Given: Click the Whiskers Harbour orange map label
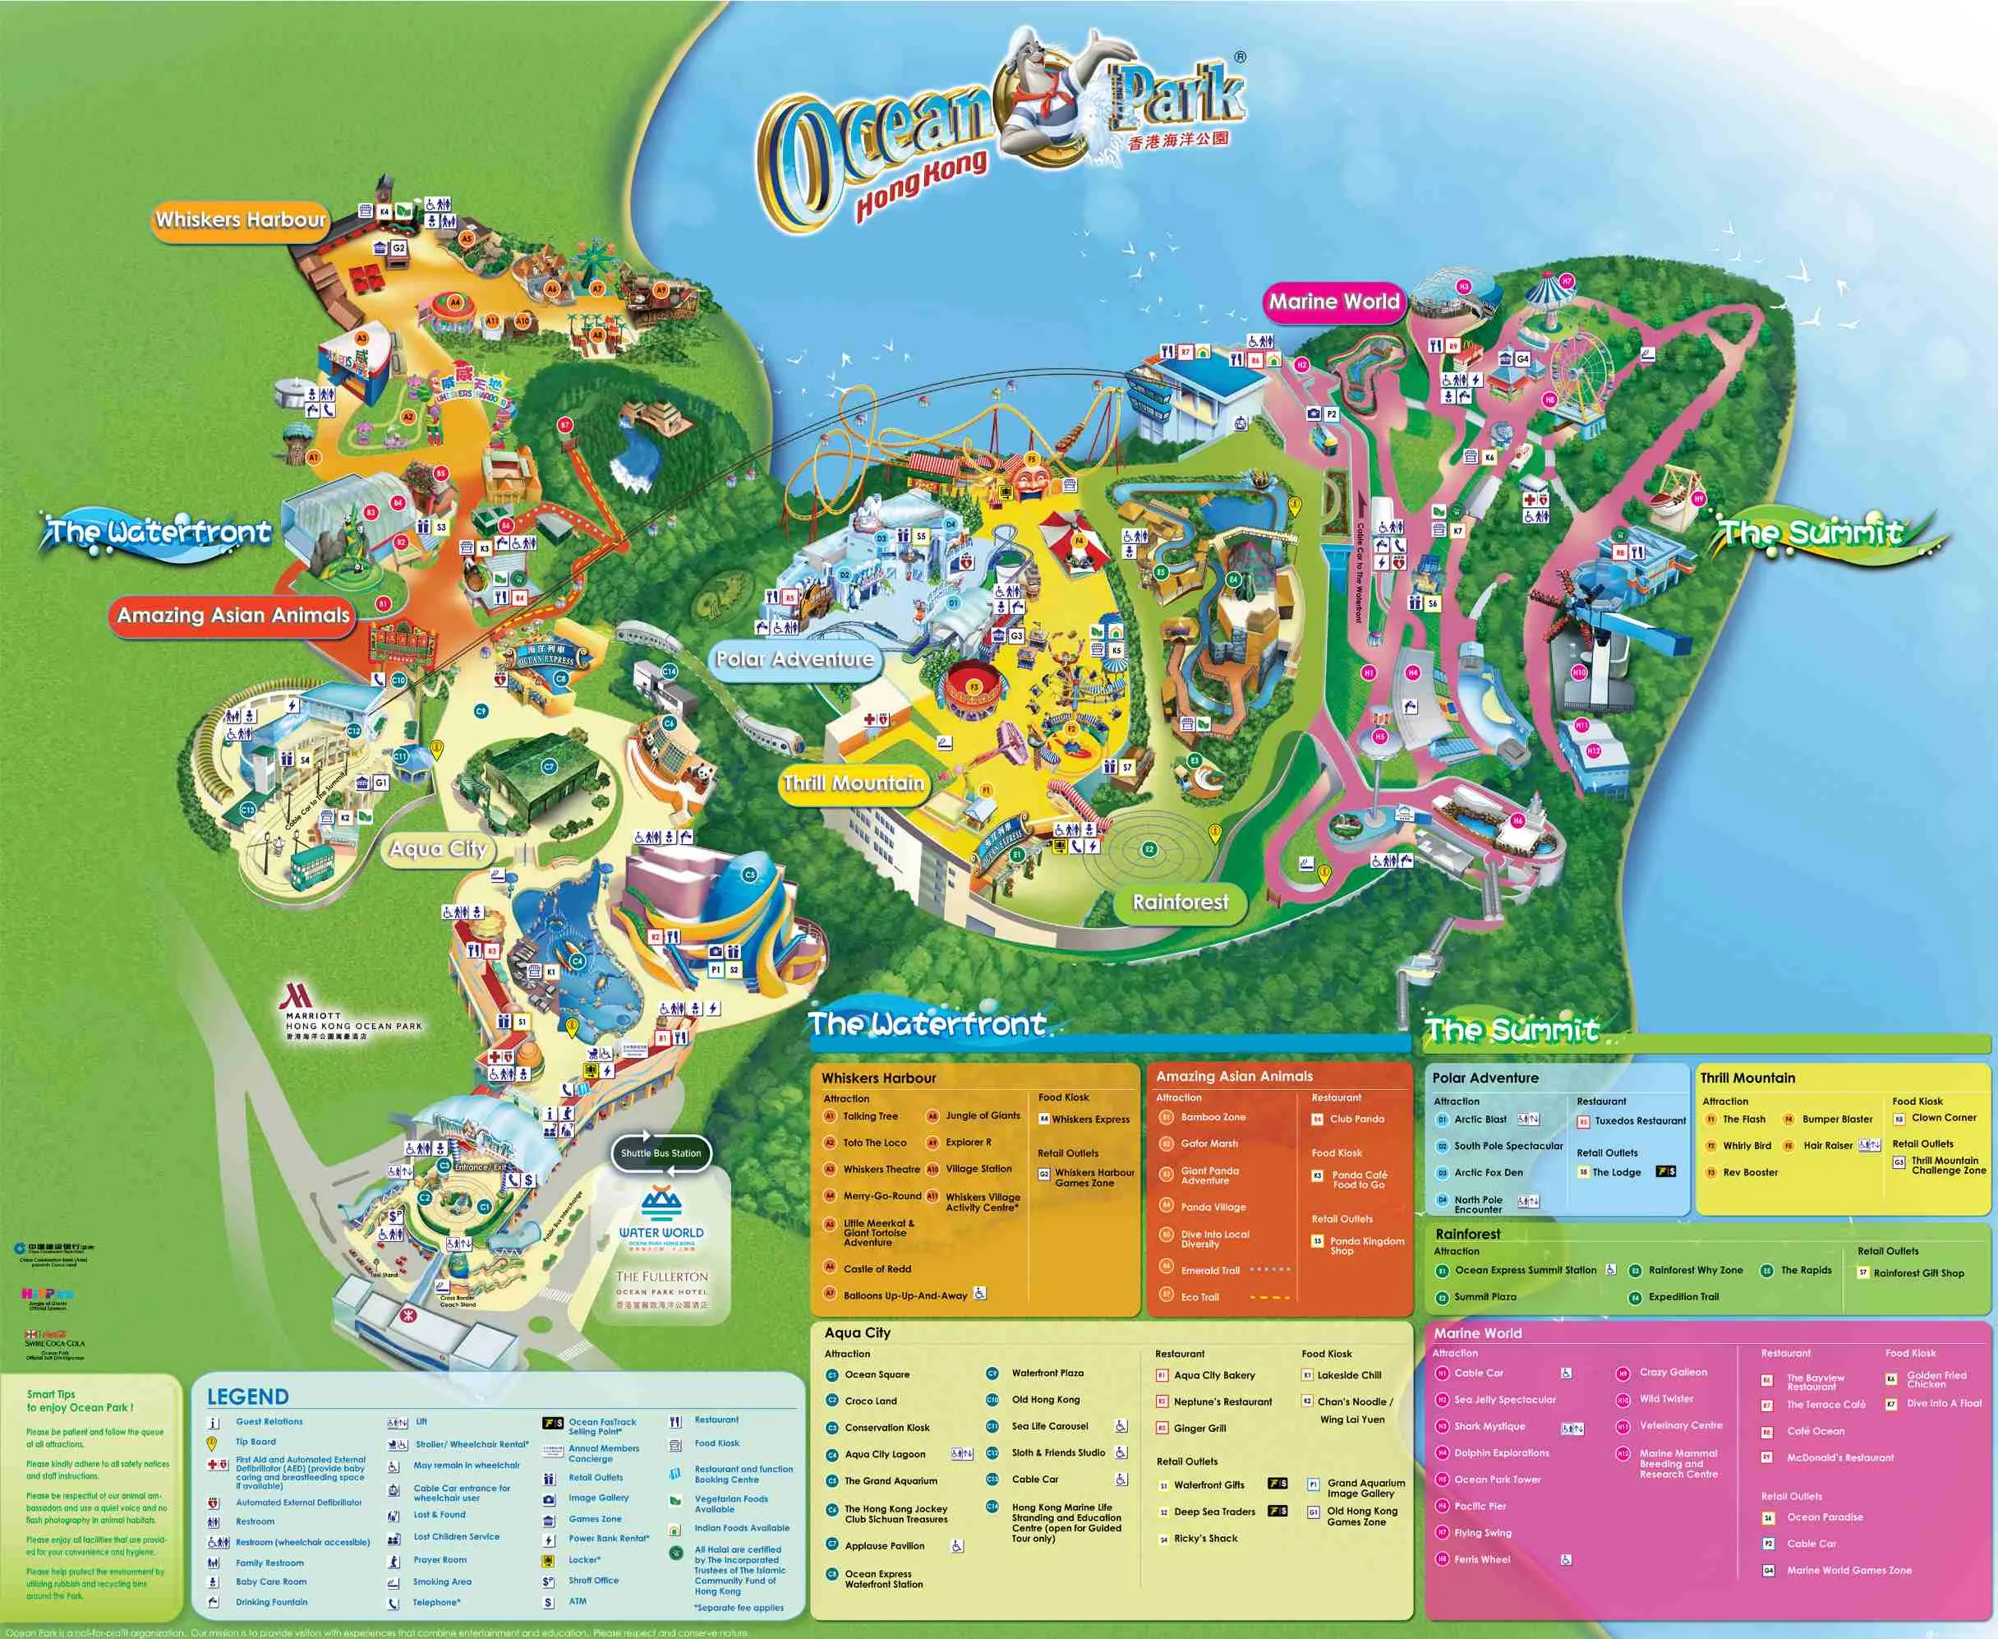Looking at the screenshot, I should (240, 220).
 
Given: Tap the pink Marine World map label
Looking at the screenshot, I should (1333, 302).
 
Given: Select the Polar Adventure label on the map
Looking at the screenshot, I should (794, 659).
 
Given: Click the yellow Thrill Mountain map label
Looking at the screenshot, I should (854, 783).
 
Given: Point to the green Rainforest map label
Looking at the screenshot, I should (1180, 903).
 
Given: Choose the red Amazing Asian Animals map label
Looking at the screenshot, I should (233, 616).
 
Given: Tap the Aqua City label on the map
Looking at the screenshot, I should (438, 849).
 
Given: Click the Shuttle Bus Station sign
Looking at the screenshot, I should (661, 1152).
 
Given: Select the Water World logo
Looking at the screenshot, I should (661, 1217).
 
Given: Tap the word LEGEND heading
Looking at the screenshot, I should (247, 1397).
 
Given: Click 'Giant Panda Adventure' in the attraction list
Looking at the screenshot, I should (1209, 1175).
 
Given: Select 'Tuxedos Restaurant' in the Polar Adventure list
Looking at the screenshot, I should (1639, 1120).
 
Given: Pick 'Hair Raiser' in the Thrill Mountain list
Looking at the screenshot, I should (1827, 1145).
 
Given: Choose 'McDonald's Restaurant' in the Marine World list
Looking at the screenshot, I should (1839, 1457).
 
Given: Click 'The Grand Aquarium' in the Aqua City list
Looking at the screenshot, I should (890, 1480).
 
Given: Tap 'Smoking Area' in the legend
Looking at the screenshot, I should (442, 1581).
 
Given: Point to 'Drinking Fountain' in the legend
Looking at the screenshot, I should (271, 1602).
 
